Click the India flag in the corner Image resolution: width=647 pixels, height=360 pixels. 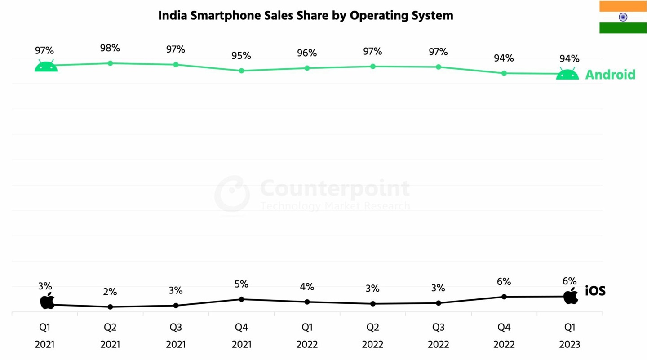623,17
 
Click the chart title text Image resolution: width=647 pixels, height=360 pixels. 306,16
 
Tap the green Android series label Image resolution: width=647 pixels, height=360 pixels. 610,75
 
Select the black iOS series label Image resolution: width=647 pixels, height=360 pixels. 595,291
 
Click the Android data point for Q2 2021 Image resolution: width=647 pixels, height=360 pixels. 110,63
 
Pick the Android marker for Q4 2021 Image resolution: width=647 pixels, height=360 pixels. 241,71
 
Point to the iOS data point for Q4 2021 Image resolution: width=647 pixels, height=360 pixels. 241,299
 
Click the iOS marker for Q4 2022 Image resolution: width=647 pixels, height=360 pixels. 504,297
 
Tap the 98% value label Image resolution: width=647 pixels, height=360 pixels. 110,48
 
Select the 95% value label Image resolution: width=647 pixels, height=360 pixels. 241,56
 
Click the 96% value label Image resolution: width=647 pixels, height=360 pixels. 307,53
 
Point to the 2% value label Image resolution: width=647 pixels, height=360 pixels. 110,292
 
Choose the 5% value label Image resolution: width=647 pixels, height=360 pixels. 241,284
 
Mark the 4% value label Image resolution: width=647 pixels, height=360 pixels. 307,287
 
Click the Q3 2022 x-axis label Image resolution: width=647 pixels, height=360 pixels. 438,336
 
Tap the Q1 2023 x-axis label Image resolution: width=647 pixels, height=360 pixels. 569,336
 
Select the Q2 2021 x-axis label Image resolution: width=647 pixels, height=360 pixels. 110,336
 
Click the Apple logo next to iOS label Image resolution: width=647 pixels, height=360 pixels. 571,296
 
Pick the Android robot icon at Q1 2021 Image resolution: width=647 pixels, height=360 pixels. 46,66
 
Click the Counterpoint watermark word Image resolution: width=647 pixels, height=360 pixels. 335,188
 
